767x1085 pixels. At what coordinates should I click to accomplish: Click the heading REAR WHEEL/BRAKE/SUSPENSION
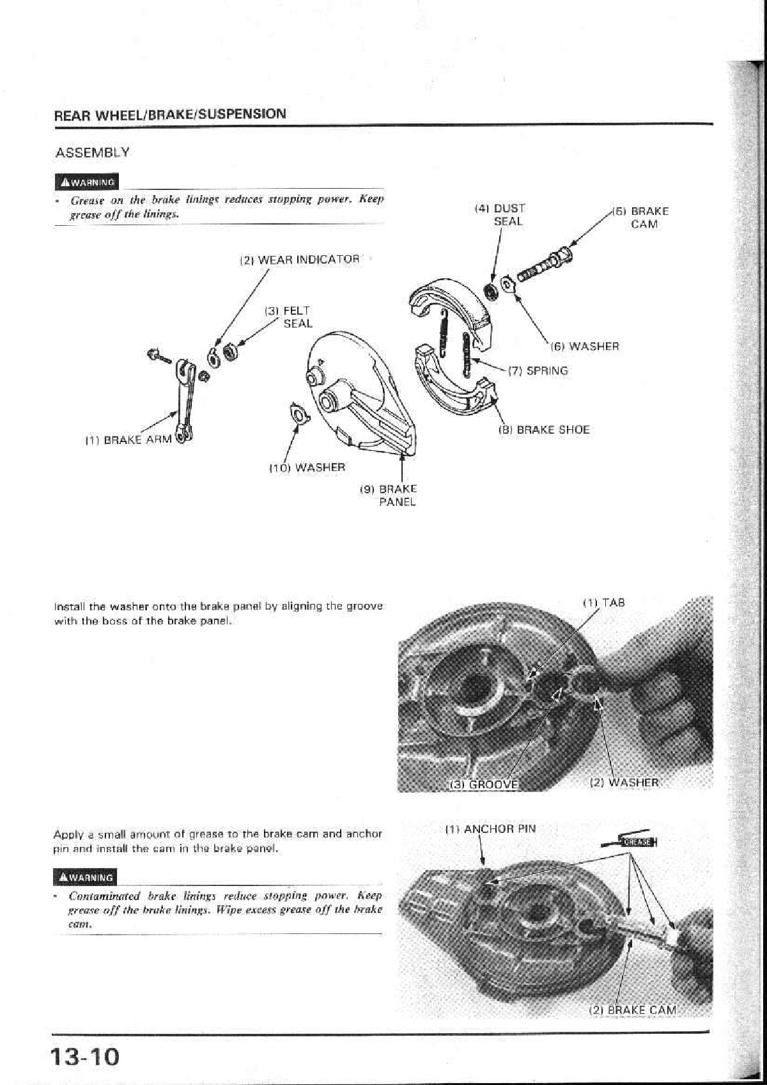click(170, 115)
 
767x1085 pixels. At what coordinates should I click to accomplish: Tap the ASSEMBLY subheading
click(92, 153)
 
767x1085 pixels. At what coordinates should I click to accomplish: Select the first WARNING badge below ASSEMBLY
click(87, 182)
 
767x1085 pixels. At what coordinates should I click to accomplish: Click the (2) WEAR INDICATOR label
click(299, 260)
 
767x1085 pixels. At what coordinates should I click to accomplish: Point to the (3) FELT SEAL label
click(289, 317)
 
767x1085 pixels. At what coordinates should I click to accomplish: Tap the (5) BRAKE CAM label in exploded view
click(641, 218)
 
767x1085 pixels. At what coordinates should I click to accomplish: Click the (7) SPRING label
click(538, 371)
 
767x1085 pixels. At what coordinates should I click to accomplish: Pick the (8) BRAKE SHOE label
click(543, 430)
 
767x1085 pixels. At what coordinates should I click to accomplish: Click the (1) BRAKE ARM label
click(128, 441)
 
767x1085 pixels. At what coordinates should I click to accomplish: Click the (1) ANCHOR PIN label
click(490, 829)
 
